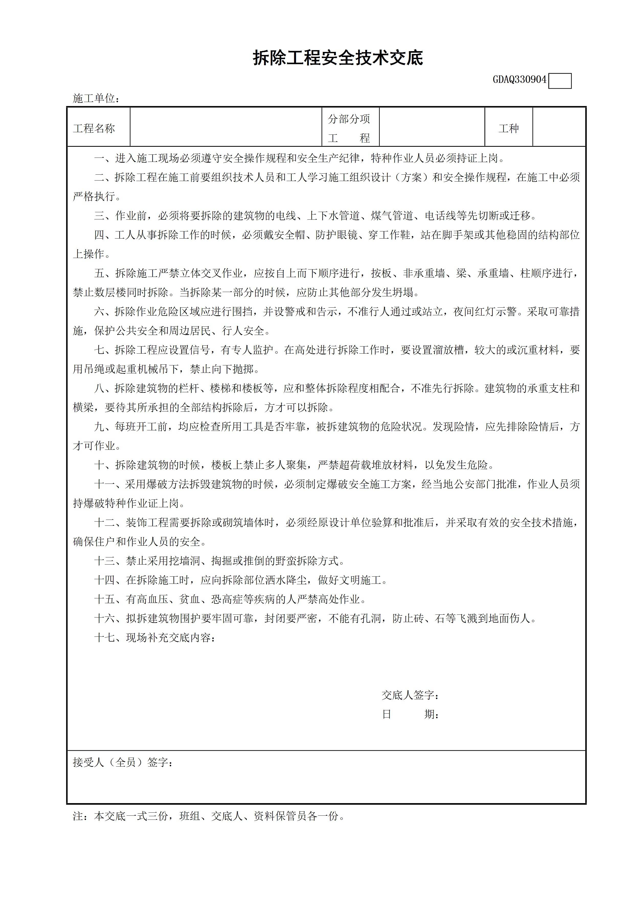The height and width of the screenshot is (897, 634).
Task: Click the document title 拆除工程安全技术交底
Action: tap(338, 58)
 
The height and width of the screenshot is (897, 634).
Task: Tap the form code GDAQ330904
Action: tap(519, 80)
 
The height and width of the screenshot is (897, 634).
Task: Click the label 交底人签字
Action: tap(410, 695)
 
